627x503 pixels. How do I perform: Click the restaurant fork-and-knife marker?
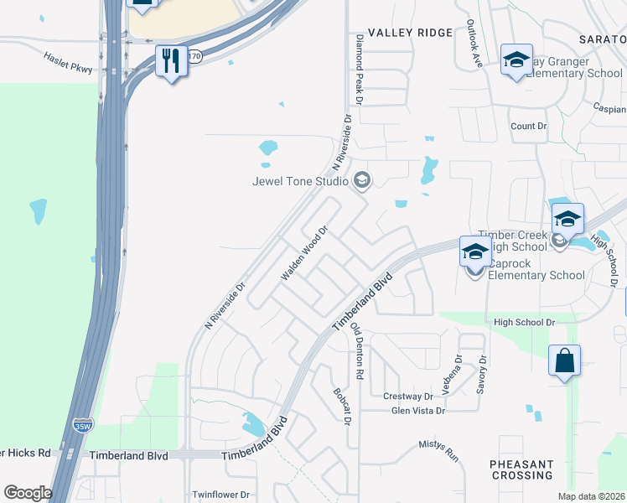(171, 61)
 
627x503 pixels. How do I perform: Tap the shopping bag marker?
(565, 361)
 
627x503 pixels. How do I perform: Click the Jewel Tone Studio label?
(301, 180)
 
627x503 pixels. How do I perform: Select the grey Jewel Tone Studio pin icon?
(362, 179)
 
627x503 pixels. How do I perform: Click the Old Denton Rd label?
(358, 350)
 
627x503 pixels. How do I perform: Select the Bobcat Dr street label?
(342, 406)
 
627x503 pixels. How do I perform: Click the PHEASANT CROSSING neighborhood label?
(522, 469)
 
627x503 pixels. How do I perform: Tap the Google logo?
(28, 493)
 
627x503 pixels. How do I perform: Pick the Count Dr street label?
(528, 126)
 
